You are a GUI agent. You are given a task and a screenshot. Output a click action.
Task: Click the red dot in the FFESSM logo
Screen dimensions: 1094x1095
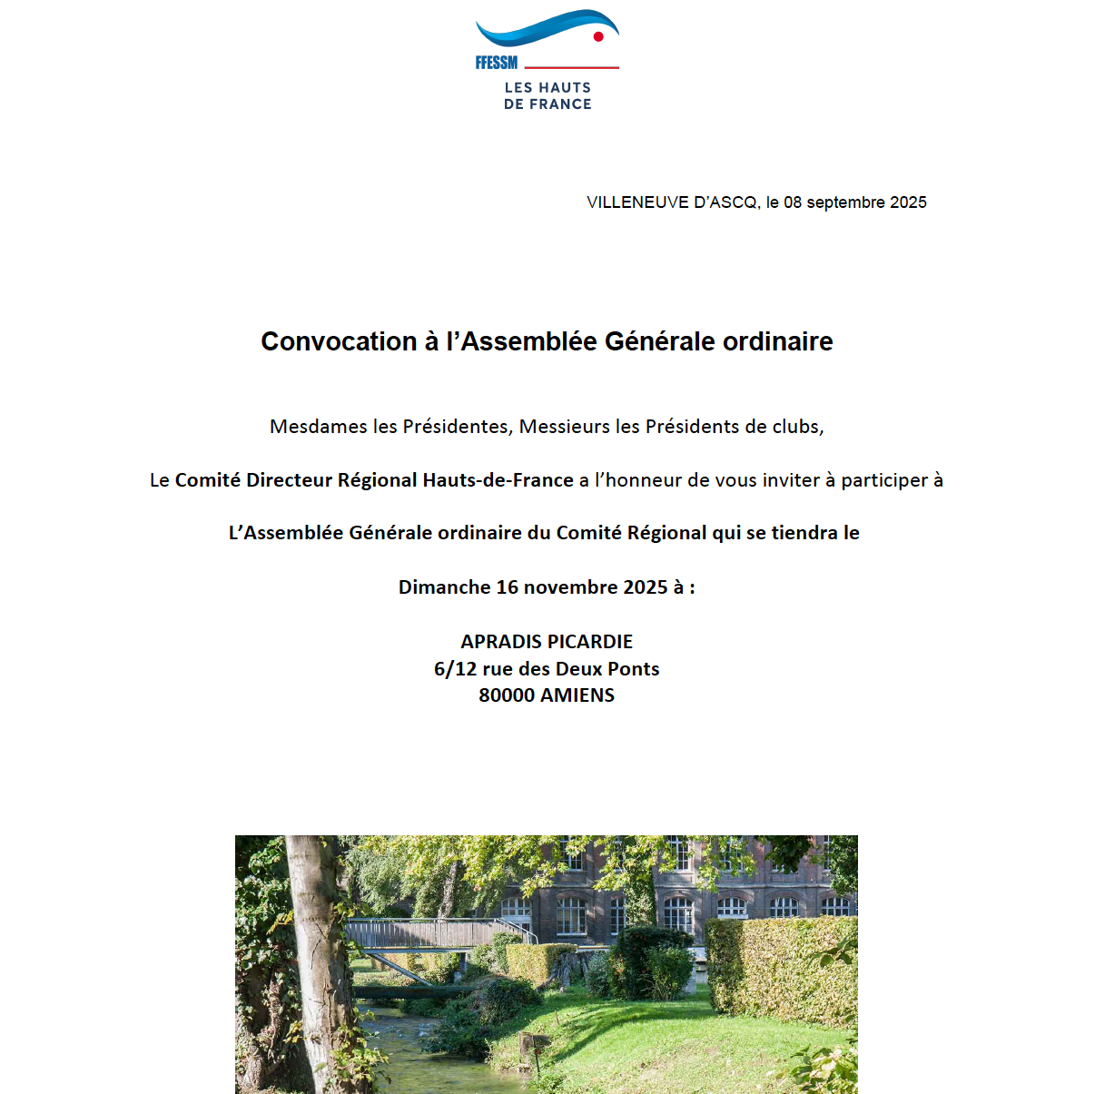point(598,37)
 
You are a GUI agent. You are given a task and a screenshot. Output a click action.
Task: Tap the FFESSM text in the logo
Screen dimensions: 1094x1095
point(497,63)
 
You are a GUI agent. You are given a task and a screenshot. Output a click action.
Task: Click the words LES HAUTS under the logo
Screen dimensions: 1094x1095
point(547,88)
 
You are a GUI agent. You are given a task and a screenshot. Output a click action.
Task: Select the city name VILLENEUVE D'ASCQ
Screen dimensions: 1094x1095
point(672,202)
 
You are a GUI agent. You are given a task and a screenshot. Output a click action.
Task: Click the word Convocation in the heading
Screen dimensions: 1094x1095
point(339,341)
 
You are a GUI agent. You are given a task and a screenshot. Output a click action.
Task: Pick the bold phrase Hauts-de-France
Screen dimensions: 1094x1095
point(498,480)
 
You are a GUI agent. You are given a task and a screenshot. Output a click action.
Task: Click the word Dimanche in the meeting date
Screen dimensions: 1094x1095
point(444,587)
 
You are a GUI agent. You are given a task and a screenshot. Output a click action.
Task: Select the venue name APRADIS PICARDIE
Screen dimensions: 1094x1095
point(547,642)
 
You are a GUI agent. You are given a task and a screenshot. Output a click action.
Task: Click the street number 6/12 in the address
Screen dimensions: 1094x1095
point(455,669)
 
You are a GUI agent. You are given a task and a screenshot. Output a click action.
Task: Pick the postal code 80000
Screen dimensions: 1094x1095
point(507,695)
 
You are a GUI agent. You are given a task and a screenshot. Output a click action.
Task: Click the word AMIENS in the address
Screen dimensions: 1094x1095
point(577,695)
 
